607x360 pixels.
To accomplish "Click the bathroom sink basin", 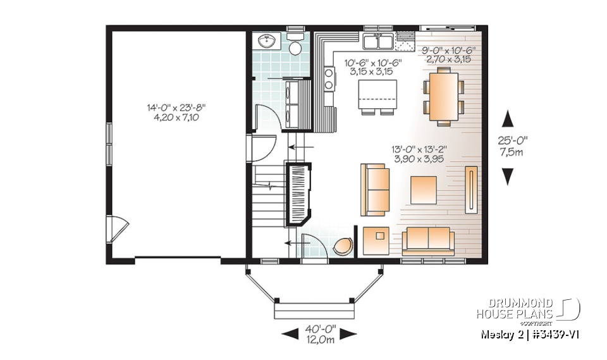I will click(x=268, y=42).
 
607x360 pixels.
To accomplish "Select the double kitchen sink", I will click(x=379, y=42).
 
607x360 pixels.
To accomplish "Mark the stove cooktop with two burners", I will click(x=329, y=78).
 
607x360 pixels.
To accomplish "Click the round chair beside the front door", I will click(x=343, y=246).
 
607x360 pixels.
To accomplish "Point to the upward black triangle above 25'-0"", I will click(x=508, y=118).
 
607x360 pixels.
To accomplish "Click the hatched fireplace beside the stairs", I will click(x=298, y=193).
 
